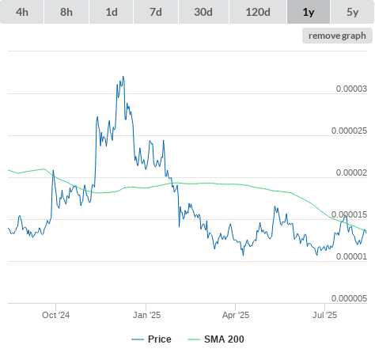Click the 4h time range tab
click(x=22, y=12)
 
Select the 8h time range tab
click(x=66, y=12)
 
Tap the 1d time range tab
click(x=112, y=12)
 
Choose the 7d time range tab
click(x=156, y=12)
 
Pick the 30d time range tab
click(x=203, y=12)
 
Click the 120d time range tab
click(x=258, y=12)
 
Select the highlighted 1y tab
click(x=309, y=12)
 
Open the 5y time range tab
click(x=352, y=12)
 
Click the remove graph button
click(x=337, y=36)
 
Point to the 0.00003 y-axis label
click(x=351, y=89)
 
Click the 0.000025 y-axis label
click(x=349, y=131)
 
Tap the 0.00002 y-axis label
click(x=351, y=172)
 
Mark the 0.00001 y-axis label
click(x=351, y=256)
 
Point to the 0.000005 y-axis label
click(x=349, y=298)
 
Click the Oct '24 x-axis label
click(x=55, y=315)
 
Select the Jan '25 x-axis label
click(x=146, y=315)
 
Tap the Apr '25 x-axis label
click(x=236, y=315)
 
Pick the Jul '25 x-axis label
click(x=324, y=315)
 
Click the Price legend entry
click(x=151, y=339)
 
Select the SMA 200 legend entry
click(x=216, y=339)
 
